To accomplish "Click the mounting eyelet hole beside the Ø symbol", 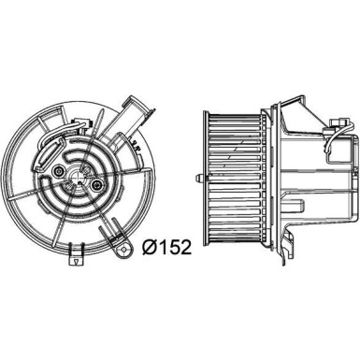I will pos(120,222).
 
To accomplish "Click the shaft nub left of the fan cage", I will pos(196,178).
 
